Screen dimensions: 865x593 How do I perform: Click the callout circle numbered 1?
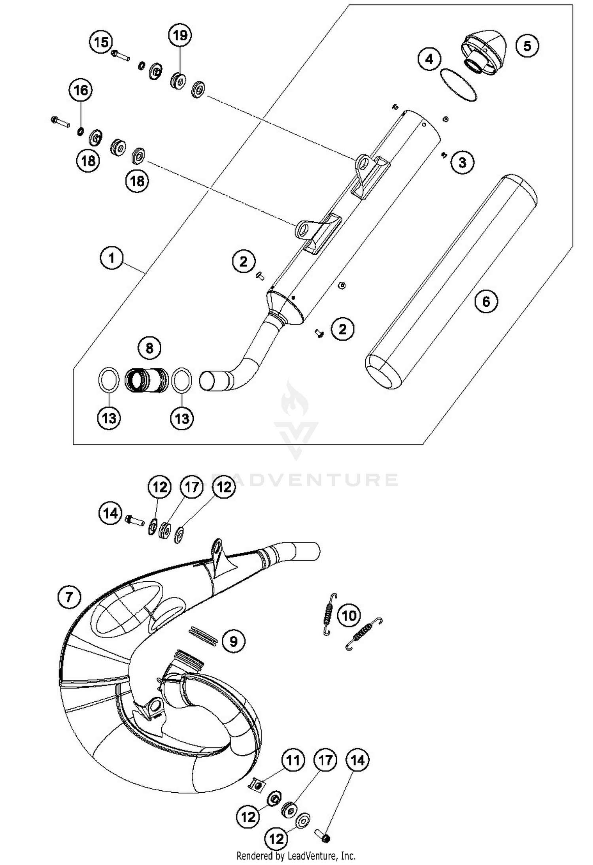coord(111,258)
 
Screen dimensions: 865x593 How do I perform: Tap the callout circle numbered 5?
coord(527,46)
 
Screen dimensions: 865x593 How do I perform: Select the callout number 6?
coord(486,302)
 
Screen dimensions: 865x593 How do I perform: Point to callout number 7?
coord(69,597)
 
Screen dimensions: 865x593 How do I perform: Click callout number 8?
coord(149,348)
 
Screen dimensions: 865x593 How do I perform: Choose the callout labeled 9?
coord(233,641)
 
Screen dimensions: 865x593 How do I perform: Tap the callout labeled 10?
coord(349,615)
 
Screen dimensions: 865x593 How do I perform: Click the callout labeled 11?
coord(293,760)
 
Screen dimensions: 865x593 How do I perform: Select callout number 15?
coord(101,41)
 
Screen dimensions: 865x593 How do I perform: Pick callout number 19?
coord(180,36)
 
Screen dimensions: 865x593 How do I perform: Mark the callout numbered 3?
coord(462,162)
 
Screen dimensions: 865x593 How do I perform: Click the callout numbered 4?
coord(429,60)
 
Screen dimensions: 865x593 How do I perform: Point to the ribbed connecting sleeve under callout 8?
coord(146,380)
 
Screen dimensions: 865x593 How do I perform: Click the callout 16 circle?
coord(81,90)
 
